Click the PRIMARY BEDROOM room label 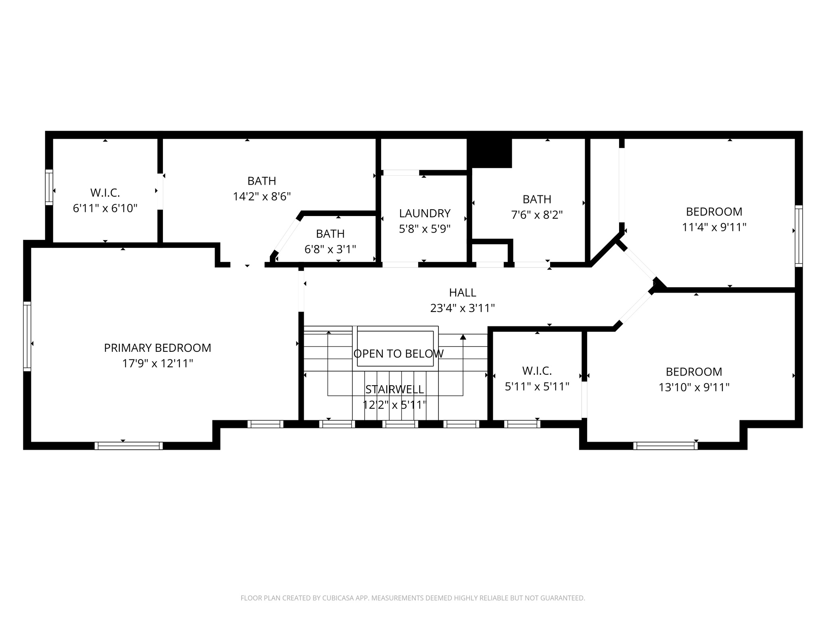tap(157, 348)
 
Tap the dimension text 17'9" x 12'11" tap(157, 364)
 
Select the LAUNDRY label tap(425, 213)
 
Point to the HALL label tap(463, 293)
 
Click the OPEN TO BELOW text tap(398, 354)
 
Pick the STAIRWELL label tap(394, 389)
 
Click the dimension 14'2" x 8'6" tap(262, 196)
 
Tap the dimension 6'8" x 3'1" tap(330, 249)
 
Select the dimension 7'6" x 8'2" tap(537, 215)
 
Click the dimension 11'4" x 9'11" tap(714, 227)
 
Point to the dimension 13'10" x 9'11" tap(694, 387)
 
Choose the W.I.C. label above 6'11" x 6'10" tap(105, 193)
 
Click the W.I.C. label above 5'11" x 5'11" tap(537, 371)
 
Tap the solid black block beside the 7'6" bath tap(489, 153)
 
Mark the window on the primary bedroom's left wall tap(27, 336)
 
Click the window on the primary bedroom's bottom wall tap(129, 446)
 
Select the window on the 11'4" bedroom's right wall tap(799, 236)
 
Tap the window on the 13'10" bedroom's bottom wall tap(665, 446)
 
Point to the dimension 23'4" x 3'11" tap(463, 308)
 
